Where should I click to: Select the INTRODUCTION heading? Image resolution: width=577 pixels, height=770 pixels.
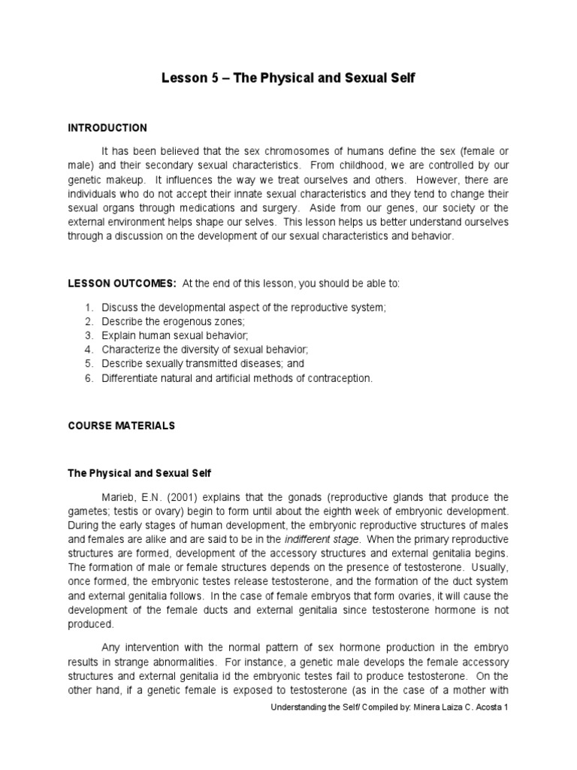coord(107,128)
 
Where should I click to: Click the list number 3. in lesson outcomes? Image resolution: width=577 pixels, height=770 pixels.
coord(88,335)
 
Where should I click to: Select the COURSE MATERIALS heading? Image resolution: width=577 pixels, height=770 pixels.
coord(121,426)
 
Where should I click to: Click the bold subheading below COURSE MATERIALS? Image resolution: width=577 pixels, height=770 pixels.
coord(140,473)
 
